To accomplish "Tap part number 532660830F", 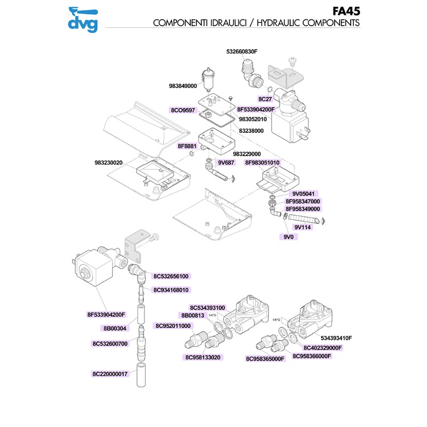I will click(x=242, y=52).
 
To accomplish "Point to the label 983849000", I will click(x=184, y=85).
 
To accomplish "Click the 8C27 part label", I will click(x=265, y=99).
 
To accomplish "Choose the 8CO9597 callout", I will click(x=184, y=110).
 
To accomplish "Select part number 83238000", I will click(x=255, y=130).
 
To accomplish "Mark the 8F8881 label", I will click(x=187, y=146).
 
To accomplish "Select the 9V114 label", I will click(x=303, y=227).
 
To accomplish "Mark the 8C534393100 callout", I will click(x=208, y=307).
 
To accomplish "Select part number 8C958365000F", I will click(x=266, y=359).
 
